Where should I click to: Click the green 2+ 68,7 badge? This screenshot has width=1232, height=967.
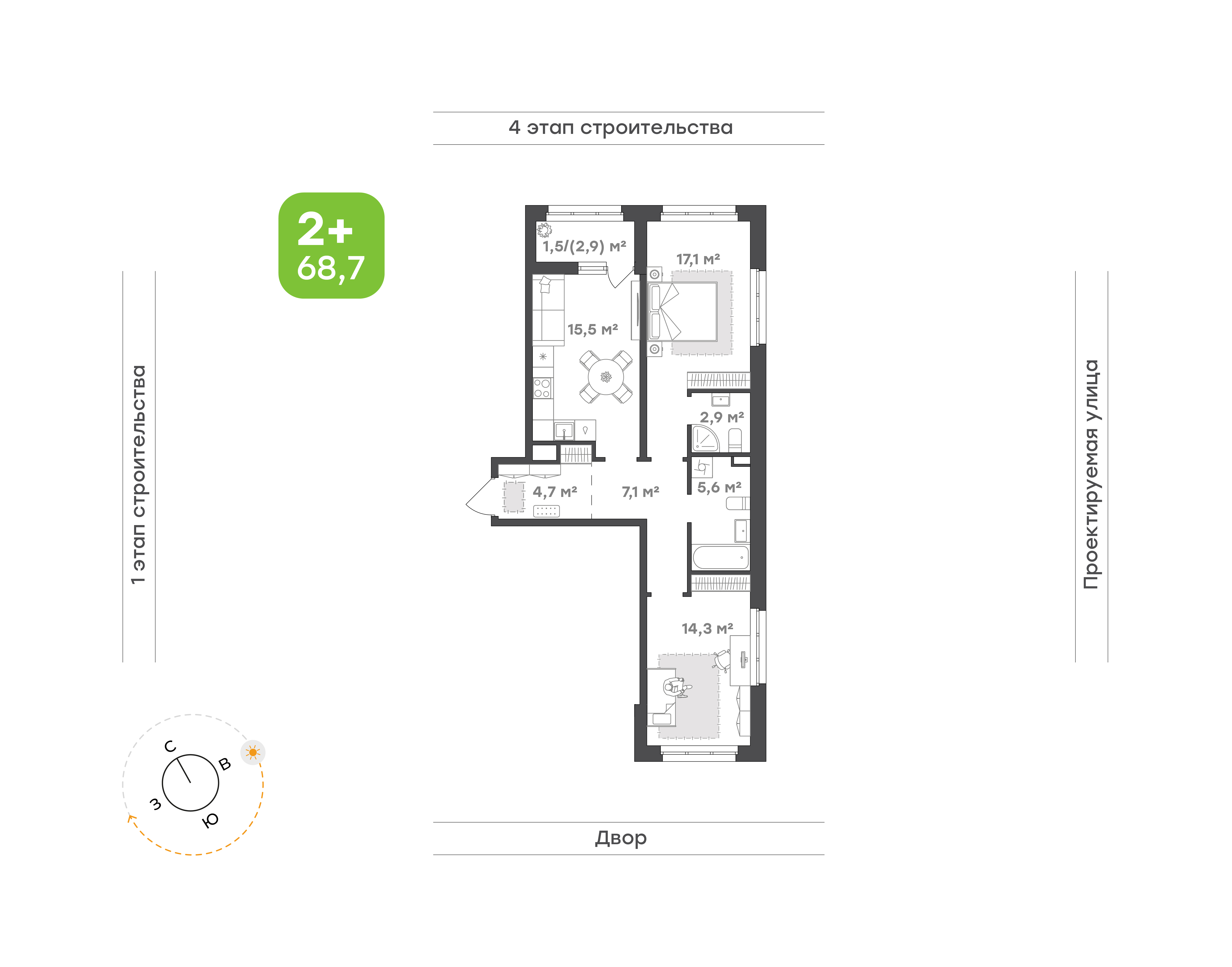coord(331,245)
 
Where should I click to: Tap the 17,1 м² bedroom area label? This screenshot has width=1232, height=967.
coord(698,259)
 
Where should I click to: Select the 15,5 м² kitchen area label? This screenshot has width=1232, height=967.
coord(593,330)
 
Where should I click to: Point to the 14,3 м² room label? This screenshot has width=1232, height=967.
coord(707,628)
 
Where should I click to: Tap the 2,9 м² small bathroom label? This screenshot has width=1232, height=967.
coord(722,417)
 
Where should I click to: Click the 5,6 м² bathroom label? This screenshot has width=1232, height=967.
coord(719,488)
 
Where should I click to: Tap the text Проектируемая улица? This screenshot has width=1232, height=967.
coord(1091,474)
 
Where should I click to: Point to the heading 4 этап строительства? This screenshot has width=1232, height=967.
coord(621,128)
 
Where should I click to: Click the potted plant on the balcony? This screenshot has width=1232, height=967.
coord(544,230)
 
